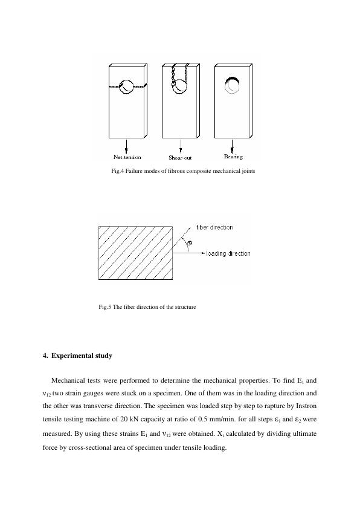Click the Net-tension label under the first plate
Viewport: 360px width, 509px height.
point(127,157)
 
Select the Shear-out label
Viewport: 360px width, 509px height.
point(180,157)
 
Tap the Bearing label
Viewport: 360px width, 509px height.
point(233,157)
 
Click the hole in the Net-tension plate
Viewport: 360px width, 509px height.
point(127,87)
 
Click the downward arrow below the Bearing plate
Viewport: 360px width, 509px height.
point(233,145)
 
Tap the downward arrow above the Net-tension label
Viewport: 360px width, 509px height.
point(127,145)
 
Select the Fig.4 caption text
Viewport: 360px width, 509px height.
point(184,171)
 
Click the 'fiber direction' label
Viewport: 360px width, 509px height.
point(214,227)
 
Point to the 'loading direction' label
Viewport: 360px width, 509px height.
point(228,253)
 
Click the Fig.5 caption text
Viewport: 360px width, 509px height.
point(147,307)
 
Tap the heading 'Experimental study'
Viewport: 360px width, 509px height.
point(82,355)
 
